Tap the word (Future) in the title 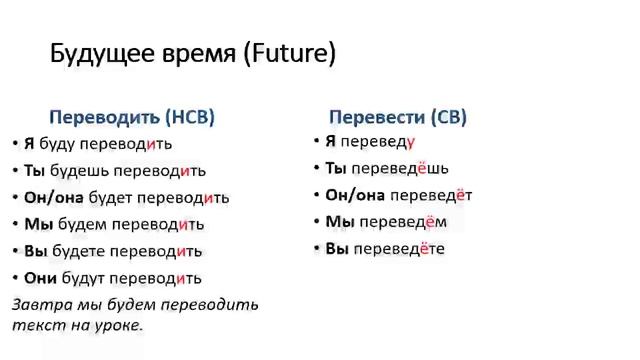tap(289, 55)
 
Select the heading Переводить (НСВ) tap(132, 116)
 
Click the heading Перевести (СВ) tap(398, 117)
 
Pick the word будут tap(81, 278)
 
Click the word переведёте tap(400, 248)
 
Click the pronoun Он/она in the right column tap(355, 195)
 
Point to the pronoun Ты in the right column tap(336, 168)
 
